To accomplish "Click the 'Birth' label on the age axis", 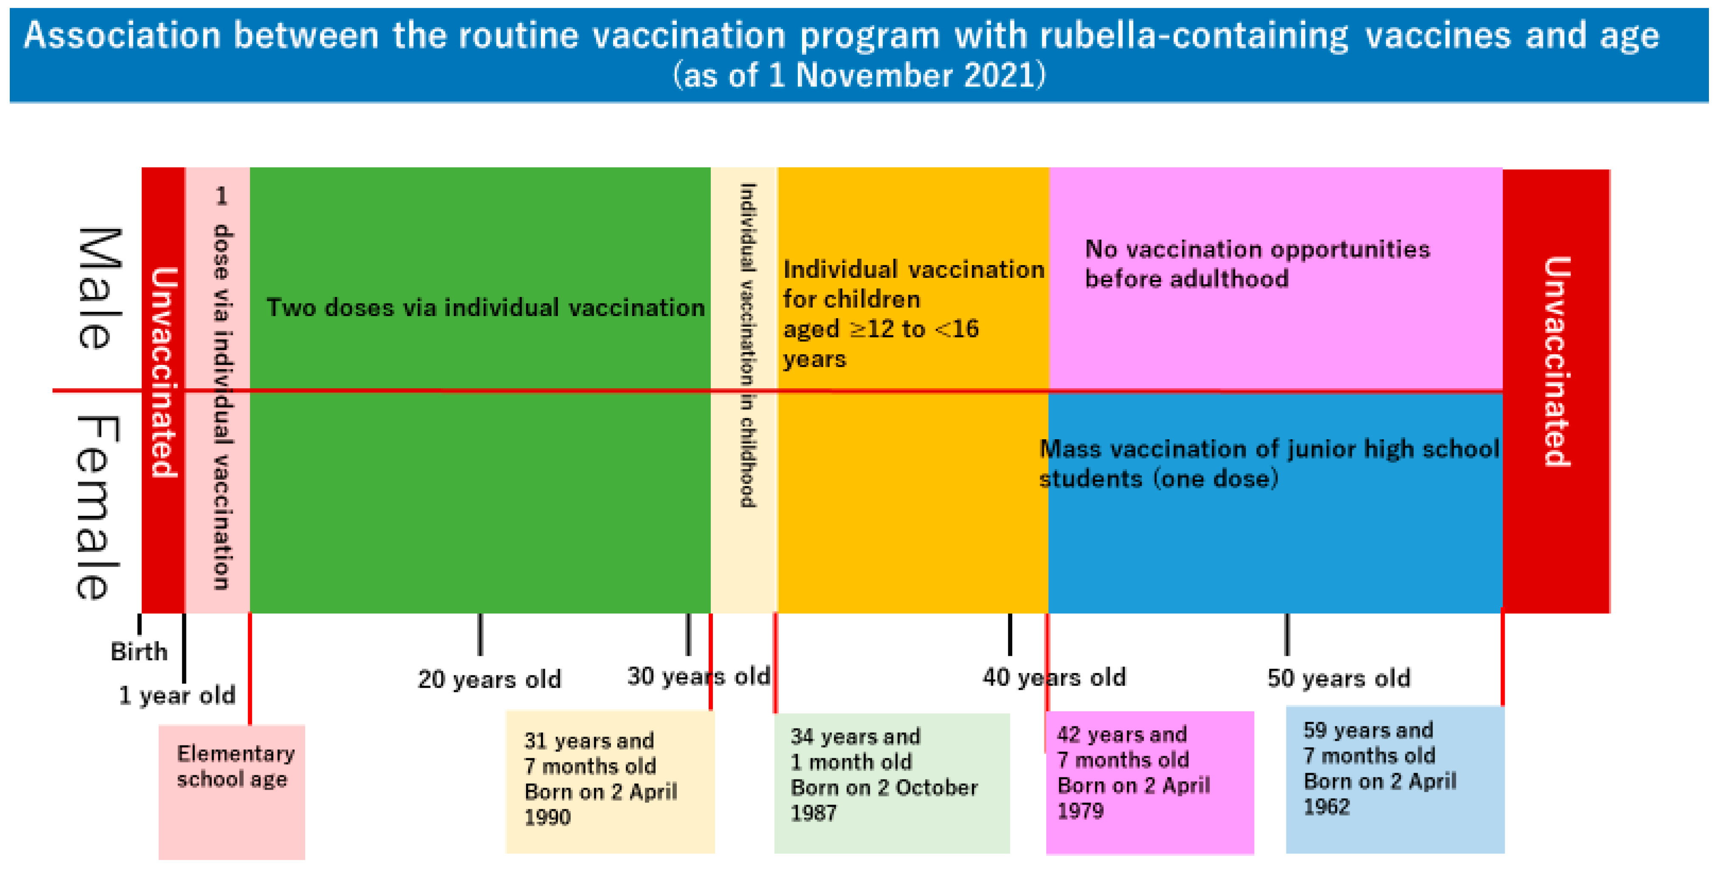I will click(x=139, y=651).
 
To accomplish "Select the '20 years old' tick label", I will click(x=489, y=679).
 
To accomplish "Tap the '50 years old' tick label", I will click(x=1338, y=678).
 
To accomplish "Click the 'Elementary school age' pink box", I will click(x=232, y=791).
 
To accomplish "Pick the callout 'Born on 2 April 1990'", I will click(x=609, y=781).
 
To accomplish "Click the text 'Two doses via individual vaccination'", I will click(x=485, y=308).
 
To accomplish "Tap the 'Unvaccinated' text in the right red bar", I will click(x=1557, y=362).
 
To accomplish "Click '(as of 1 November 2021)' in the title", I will click(x=858, y=75).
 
